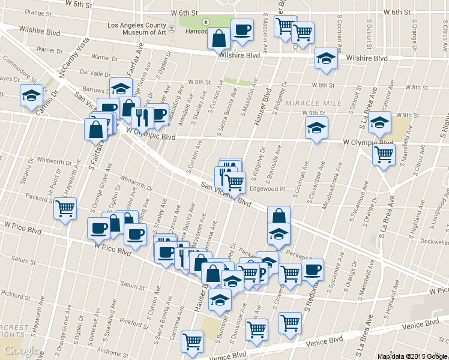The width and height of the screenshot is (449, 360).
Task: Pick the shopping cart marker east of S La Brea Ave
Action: (384, 154)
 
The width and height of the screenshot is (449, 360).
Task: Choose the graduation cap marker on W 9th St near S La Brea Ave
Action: (379, 123)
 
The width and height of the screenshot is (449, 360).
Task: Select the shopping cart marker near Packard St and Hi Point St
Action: (64, 209)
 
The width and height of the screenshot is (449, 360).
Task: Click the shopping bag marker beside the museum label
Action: (218, 38)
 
